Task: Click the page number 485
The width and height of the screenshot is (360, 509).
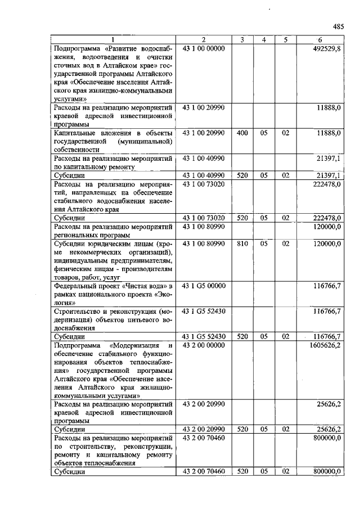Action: pos(337,26)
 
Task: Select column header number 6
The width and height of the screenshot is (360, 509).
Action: pos(319,39)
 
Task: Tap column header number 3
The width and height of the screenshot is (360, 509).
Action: pos(241,39)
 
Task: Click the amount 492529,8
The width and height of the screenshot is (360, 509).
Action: pos(326,48)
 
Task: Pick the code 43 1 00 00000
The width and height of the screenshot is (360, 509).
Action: pos(204,48)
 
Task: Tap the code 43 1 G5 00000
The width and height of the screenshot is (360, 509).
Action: pos(204,286)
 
